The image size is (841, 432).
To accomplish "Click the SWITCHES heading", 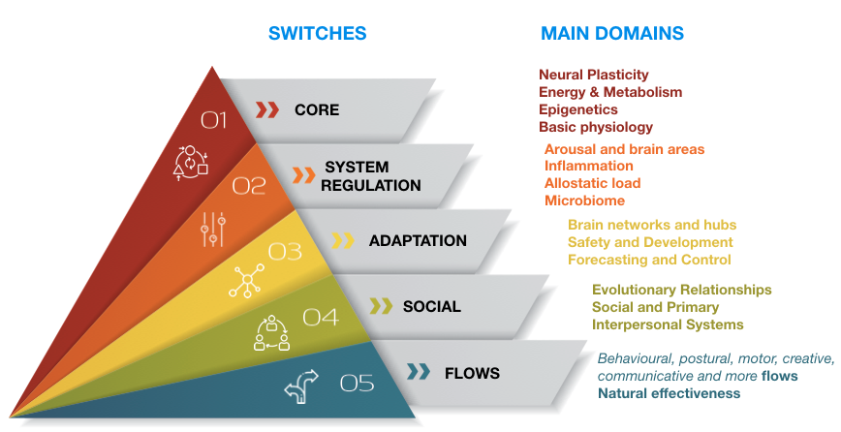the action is point(317,33).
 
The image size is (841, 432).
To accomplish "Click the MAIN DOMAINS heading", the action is point(612,33).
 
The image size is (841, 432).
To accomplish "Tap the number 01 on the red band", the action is point(213,121).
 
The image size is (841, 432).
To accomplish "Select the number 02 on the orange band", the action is point(248,186).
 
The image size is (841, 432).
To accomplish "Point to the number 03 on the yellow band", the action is point(285,252).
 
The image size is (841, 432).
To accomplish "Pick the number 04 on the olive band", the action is point(321,318).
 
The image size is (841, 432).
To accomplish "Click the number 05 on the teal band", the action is point(357,384).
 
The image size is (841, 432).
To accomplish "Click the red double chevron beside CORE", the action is point(266,109).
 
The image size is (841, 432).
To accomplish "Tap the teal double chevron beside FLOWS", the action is point(419,371).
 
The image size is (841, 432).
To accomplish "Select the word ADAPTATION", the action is point(418,240).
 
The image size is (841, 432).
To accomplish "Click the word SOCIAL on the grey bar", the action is point(432,307).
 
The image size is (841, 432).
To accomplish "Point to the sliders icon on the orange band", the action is point(213,230).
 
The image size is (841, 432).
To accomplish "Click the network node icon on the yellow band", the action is point(247,280).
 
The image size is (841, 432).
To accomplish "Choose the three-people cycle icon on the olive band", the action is point(271,332).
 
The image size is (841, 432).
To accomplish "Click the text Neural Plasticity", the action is point(594,75).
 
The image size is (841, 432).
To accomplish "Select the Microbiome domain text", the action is point(584,201).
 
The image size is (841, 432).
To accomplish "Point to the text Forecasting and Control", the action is point(649,260).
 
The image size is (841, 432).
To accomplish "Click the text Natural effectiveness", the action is point(669,393).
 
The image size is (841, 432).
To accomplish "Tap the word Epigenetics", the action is point(578,109).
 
